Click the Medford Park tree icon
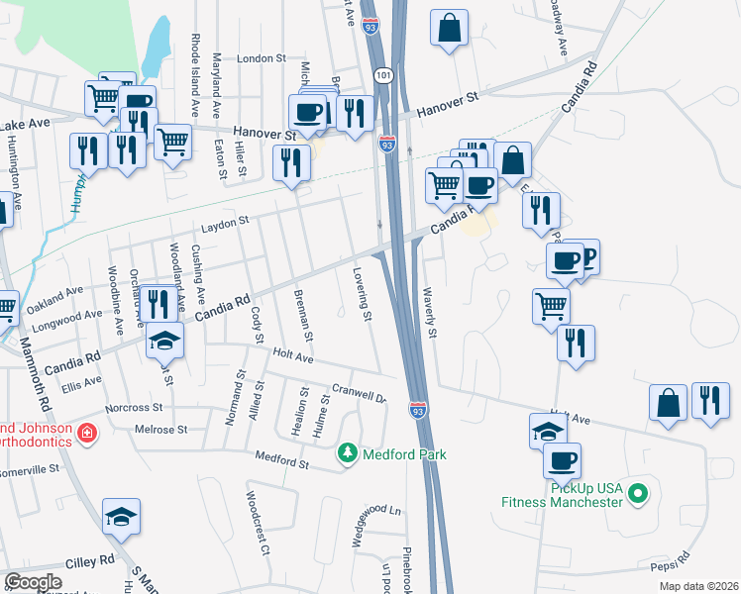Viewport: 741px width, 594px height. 347,453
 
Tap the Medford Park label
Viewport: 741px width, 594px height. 404,454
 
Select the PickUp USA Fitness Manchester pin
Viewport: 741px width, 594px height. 639,492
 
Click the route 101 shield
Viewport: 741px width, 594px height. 384,75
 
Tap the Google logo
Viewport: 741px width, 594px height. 33,582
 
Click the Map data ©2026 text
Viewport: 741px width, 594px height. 698,586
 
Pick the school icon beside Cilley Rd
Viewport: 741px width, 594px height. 121,516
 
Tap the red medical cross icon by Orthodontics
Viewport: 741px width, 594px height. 87,434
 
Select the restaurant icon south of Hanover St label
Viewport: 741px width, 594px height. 290,160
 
